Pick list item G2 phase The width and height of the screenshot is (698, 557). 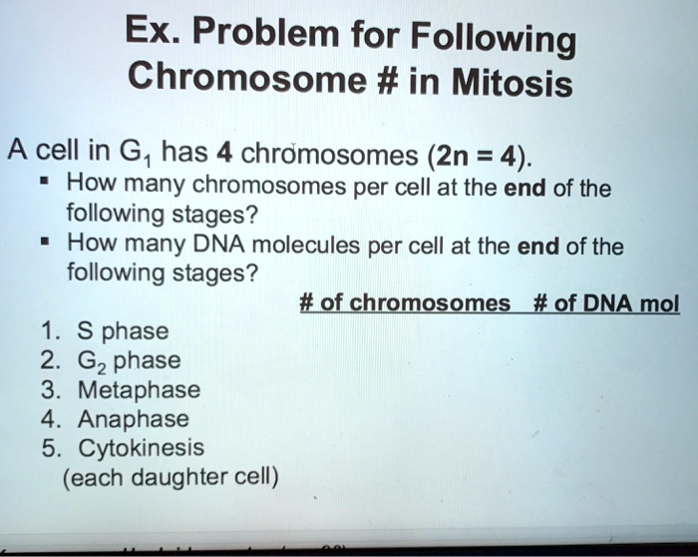(130, 360)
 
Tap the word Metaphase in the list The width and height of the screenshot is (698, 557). (144, 389)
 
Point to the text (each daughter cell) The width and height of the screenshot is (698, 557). (171, 478)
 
